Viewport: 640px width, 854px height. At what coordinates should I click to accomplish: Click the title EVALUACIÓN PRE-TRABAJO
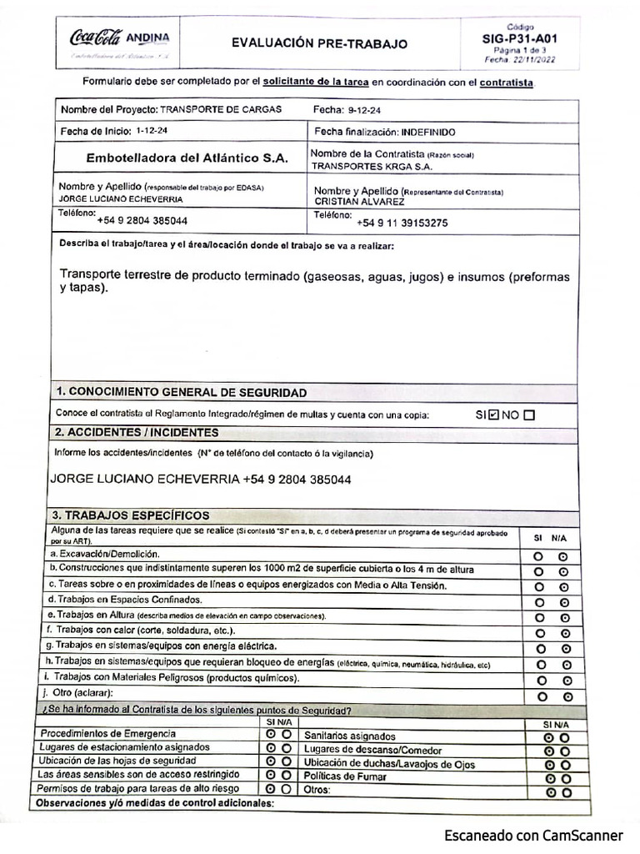320,43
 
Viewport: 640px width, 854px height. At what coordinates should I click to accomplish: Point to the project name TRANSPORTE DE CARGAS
220,109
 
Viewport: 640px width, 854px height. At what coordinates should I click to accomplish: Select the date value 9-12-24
365,109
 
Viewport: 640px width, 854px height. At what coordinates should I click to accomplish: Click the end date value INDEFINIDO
428,132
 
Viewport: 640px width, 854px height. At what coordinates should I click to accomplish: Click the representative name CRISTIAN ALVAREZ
359,202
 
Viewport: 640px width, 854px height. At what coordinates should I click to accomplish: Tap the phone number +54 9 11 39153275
402,223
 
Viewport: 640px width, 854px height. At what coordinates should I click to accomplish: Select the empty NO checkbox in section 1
529,414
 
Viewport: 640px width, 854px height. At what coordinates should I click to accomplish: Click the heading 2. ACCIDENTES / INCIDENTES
137,433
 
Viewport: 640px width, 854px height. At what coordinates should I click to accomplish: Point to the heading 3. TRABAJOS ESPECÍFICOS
131,515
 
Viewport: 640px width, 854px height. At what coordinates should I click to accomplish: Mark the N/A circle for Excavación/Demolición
563,556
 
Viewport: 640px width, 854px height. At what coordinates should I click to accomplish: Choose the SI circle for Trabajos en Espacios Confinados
539,602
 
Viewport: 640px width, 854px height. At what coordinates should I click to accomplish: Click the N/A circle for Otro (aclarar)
567,696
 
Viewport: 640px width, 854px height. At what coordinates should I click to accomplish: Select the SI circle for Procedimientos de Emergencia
271,734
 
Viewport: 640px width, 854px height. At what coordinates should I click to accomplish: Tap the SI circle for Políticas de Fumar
549,778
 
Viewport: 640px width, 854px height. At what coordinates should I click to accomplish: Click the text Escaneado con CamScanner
533,835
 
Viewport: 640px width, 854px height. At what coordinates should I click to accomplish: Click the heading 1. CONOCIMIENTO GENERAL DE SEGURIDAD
181,392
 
